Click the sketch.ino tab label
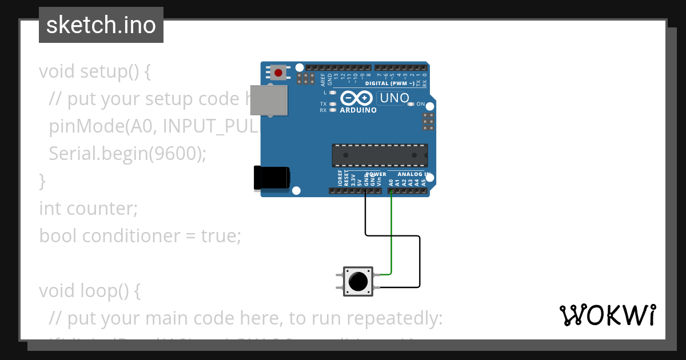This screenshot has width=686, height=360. click(101, 25)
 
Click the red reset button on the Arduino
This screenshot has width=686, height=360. click(278, 73)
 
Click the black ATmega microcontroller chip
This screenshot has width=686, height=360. click(380, 155)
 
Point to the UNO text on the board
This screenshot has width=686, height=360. click(394, 98)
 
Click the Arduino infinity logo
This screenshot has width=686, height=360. click(358, 98)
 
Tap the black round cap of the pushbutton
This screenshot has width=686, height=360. click(358, 281)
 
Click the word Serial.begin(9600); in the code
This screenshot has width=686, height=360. click(127, 154)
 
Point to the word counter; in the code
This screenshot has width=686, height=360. click(102, 209)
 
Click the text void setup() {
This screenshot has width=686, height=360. click(95, 71)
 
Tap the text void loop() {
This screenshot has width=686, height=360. click(90, 291)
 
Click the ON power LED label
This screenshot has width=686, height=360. click(420, 104)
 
